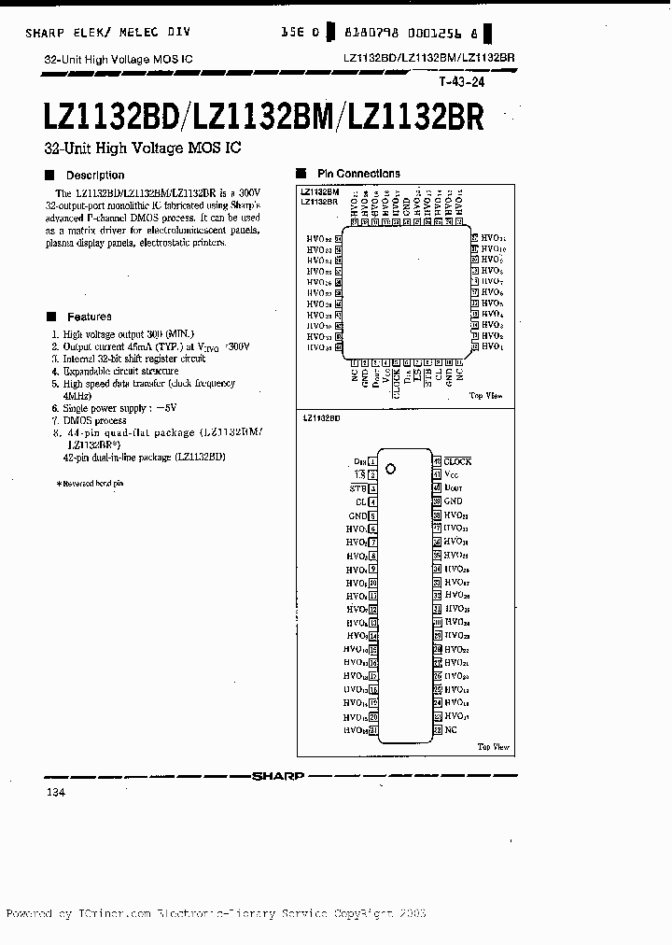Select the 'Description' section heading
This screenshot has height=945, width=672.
point(94,175)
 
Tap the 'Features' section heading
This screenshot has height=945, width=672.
point(89,317)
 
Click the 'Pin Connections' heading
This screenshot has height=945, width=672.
point(358,174)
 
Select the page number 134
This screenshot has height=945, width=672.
point(55,792)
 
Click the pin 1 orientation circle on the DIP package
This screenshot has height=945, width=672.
point(392,468)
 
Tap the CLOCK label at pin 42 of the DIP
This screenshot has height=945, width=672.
point(457,461)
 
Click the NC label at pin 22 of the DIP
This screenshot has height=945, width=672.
point(451,729)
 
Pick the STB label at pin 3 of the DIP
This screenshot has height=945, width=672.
point(358,488)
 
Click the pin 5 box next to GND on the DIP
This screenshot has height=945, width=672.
point(372,515)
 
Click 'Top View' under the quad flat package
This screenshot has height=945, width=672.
point(486,396)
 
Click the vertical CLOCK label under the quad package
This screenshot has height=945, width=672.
point(397,383)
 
